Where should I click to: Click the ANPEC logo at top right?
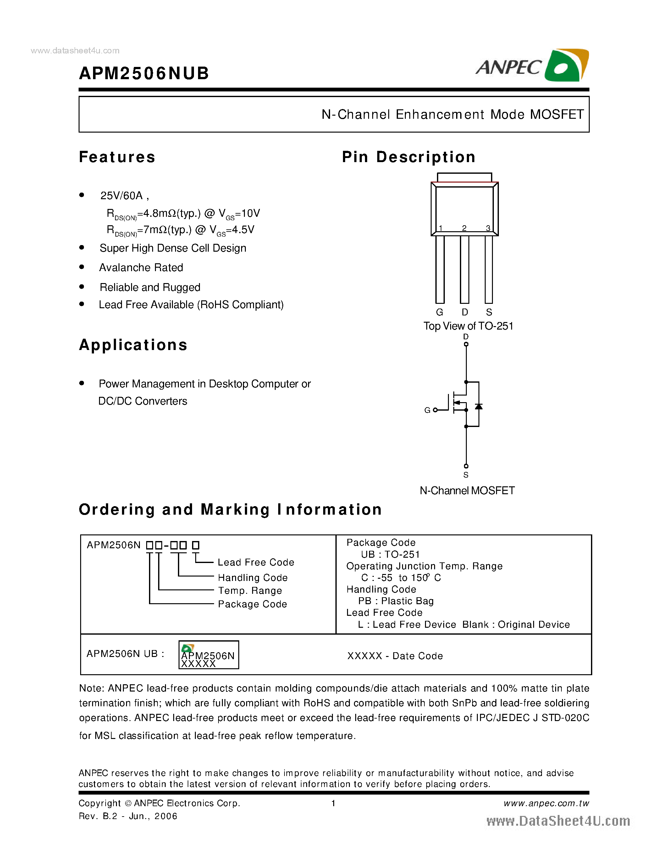pyautogui.click(x=532, y=66)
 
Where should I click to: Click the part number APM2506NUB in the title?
pyautogui.click(x=144, y=74)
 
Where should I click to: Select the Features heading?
pyautogui.click(x=117, y=157)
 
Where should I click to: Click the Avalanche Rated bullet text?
pyautogui.click(x=141, y=268)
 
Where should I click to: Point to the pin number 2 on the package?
pyautogui.click(x=464, y=228)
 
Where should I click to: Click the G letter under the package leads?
pyautogui.click(x=439, y=313)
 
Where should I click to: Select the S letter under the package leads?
pyautogui.click(x=489, y=313)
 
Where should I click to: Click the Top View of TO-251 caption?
pyautogui.click(x=468, y=326)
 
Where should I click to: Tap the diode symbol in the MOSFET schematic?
pyautogui.click(x=479, y=406)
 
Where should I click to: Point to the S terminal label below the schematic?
pyautogui.click(x=466, y=475)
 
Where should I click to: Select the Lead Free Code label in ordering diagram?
pyautogui.click(x=256, y=563)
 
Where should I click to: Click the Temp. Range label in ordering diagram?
pyautogui.click(x=250, y=591)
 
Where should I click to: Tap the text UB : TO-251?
pyautogui.click(x=390, y=554)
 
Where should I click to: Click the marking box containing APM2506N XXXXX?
pyautogui.click(x=208, y=655)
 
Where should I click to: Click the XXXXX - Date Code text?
pyautogui.click(x=395, y=656)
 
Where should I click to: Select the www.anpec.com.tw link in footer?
pyautogui.click(x=546, y=803)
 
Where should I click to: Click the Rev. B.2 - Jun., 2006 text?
pyautogui.click(x=128, y=816)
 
